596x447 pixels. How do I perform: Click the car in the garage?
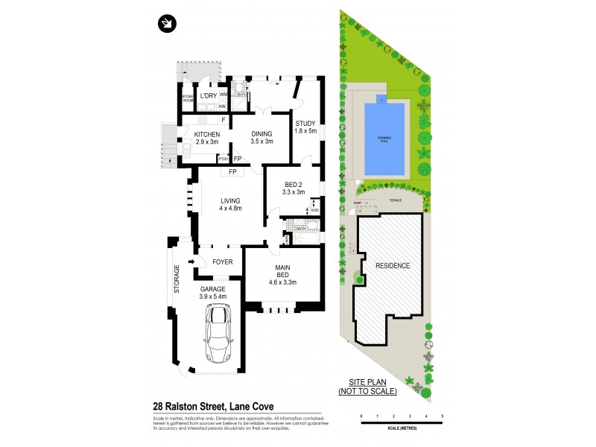click(x=219, y=336)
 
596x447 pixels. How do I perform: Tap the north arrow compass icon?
click(x=167, y=24)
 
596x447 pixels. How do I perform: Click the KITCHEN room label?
click(x=206, y=134)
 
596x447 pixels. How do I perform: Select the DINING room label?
click(x=261, y=134)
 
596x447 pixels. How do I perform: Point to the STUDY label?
click(x=305, y=124)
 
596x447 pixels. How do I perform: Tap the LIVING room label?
click(x=232, y=200)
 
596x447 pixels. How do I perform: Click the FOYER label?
click(x=223, y=261)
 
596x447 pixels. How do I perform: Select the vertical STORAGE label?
click(x=177, y=279)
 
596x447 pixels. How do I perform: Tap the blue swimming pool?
click(x=384, y=139)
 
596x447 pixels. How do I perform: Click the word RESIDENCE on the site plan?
click(x=392, y=265)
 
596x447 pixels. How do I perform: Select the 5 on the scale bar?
click(x=443, y=415)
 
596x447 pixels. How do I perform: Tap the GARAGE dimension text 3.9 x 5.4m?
click(x=213, y=297)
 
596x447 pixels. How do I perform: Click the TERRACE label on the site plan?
click(x=394, y=200)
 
